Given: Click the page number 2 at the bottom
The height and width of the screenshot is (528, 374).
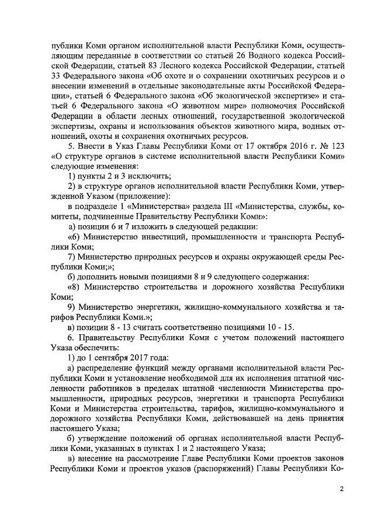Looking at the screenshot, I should tap(342, 489).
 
